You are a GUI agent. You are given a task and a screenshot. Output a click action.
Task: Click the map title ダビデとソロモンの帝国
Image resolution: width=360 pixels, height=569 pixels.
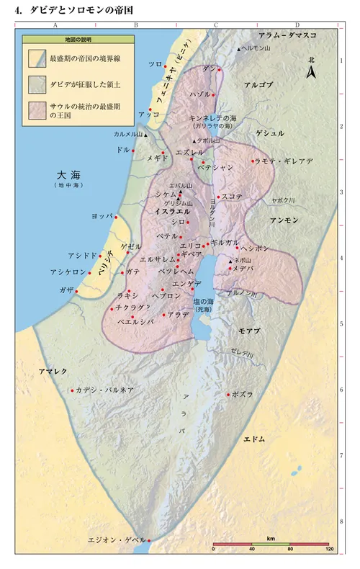pyautogui.click(x=79, y=11)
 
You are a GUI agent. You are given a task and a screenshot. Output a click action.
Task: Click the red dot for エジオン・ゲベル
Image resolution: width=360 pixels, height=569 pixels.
pyautogui.click(x=149, y=539)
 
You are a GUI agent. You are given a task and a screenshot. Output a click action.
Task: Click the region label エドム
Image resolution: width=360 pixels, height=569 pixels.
pyautogui.click(x=254, y=439)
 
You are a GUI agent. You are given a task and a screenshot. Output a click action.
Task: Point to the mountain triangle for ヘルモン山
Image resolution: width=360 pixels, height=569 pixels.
pyautogui.click(x=239, y=49)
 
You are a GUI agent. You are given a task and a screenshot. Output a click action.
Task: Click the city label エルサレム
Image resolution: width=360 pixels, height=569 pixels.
pyautogui.click(x=157, y=259)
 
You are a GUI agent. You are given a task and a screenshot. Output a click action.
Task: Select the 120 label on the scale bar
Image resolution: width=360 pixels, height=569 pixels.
pyautogui.click(x=328, y=550)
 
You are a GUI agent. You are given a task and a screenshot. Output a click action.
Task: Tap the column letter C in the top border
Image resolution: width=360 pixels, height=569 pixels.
pyautogui.click(x=215, y=24)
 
